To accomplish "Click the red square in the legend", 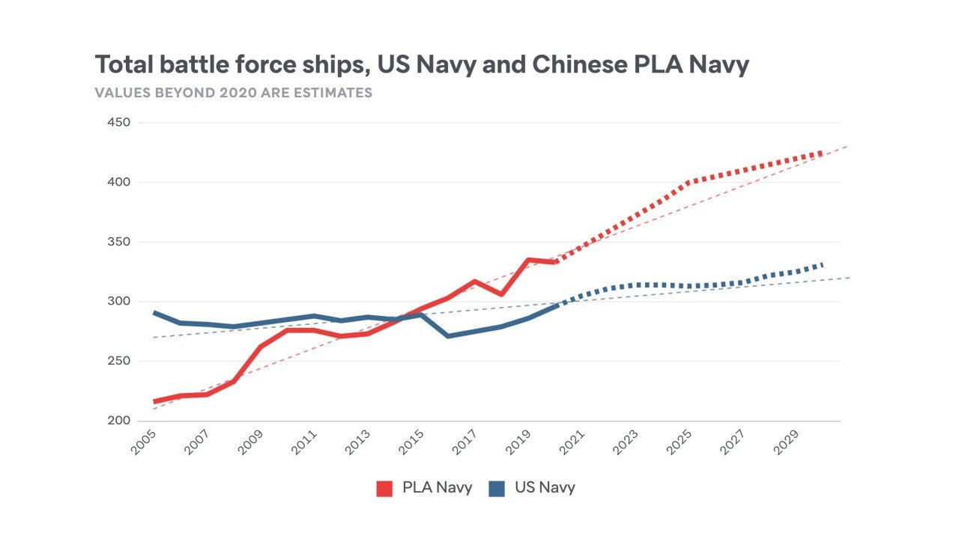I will (x=384, y=488).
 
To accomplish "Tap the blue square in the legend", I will (x=496, y=488).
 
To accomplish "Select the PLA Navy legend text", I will (x=437, y=487).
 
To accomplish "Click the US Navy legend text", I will (x=545, y=487).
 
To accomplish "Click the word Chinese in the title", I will (x=578, y=65).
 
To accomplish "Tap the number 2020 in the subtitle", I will (x=232, y=94).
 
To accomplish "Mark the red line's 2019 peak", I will (x=528, y=260).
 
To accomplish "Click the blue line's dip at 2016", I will (x=448, y=336).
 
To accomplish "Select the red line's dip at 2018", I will (x=501, y=293).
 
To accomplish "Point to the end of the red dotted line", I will (x=823, y=153).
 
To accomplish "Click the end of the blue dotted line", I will (x=823, y=264).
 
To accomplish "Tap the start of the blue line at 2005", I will (x=154, y=312).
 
